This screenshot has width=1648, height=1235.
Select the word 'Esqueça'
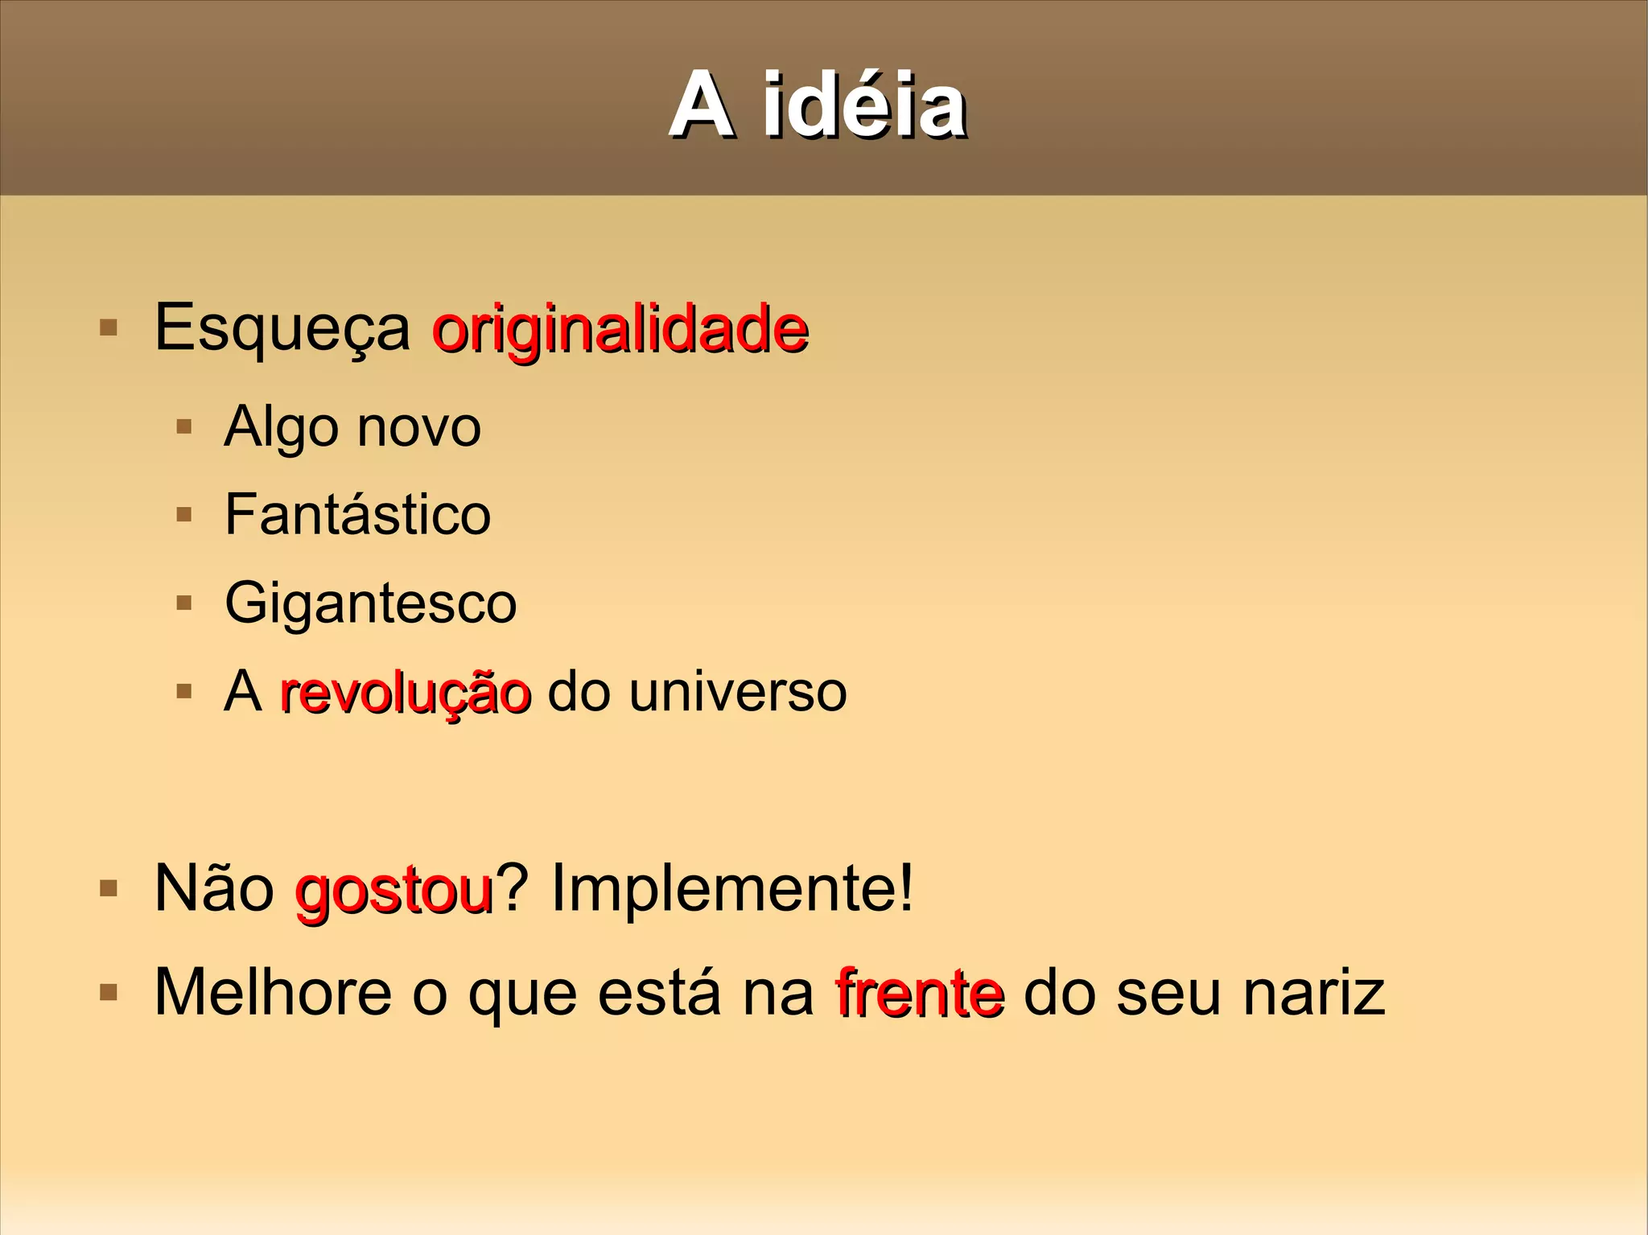tap(282, 328)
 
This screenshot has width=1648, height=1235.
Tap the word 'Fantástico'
tap(357, 514)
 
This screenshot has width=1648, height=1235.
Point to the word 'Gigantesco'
tap(370, 603)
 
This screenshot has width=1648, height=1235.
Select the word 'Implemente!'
tap(732, 889)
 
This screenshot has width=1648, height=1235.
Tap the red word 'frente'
tap(920, 994)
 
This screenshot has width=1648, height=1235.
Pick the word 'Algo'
tap(281, 428)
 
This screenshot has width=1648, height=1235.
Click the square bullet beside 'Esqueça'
tap(108, 328)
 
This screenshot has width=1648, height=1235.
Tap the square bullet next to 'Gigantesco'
tap(184, 603)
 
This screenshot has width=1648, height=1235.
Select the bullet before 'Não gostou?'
tap(108, 889)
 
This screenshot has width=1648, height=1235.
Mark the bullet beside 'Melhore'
tap(108, 994)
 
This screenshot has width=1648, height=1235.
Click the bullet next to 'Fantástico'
tap(184, 514)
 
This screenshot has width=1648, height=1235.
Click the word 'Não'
tap(214, 889)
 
